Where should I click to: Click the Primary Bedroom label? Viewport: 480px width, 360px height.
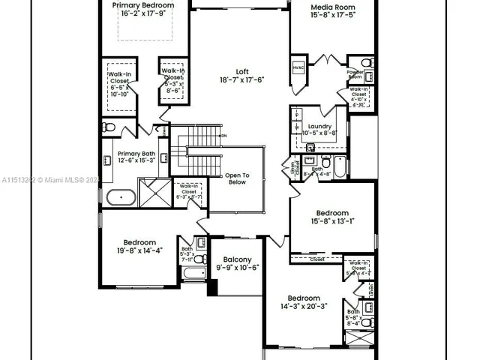[x=143, y=9]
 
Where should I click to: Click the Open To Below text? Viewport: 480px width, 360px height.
[x=236, y=178]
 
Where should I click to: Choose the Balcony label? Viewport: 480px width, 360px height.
[x=237, y=262]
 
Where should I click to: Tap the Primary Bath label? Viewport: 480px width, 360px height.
[x=135, y=156]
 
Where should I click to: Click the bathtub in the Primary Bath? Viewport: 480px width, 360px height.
[x=121, y=199]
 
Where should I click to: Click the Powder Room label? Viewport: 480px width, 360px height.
[x=355, y=74]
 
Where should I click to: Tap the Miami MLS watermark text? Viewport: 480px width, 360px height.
[x=49, y=180]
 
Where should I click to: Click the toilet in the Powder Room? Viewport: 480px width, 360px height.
[x=367, y=62]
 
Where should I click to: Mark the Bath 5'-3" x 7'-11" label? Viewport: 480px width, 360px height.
[x=187, y=253]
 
